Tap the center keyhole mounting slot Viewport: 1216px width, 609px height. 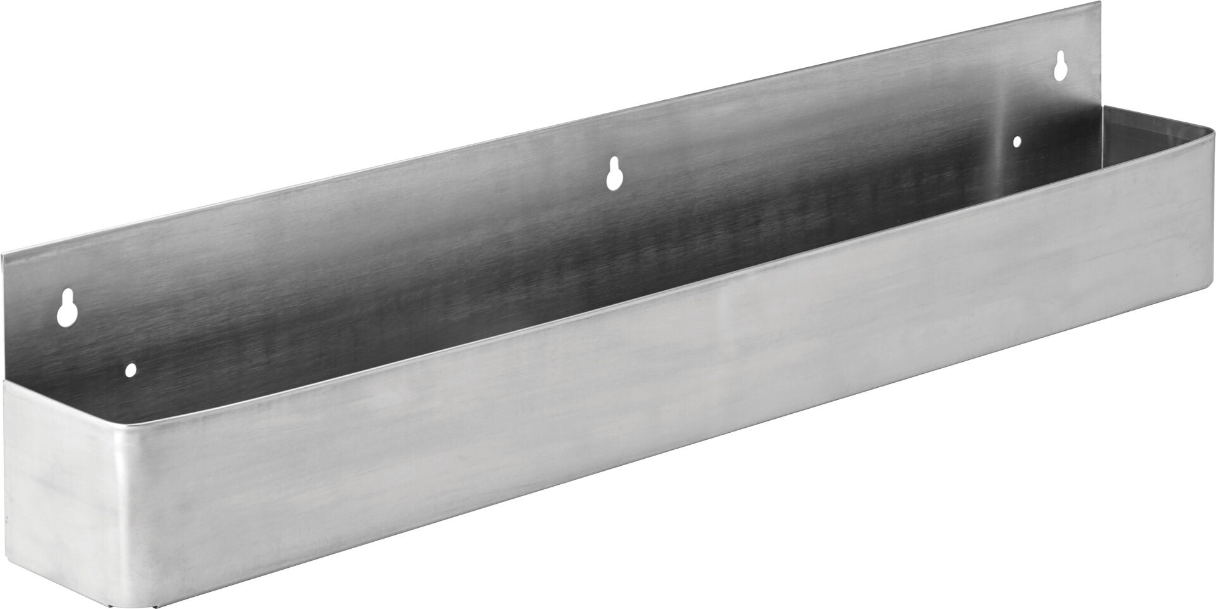(x=612, y=174)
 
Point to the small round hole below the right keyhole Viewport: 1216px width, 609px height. (x=1017, y=142)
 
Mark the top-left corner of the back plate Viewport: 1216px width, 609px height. (x=3, y=257)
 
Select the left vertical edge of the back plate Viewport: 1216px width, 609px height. (x=4, y=317)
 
